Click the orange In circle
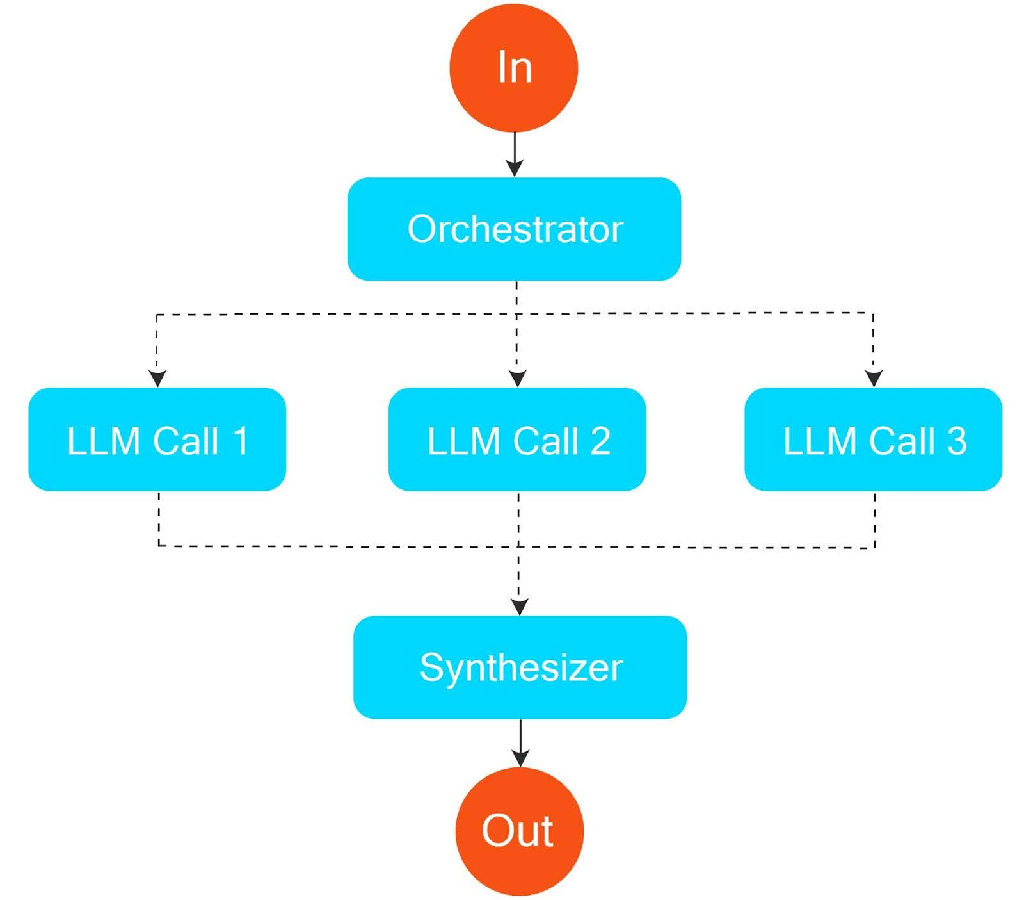(514, 67)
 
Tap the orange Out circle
(519, 831)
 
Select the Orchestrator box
(514, 229)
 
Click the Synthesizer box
(520, 667)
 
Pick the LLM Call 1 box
(157, 439)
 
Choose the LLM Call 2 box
(517, 439)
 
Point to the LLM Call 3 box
(873, 439)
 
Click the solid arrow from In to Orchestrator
(515, 154)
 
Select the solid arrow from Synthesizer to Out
(520, 743)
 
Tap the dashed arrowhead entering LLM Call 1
(157, 379)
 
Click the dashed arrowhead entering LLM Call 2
(517, 379)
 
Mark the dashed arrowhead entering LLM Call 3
(874, 379)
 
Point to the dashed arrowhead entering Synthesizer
(519, 606)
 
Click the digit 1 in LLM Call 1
(240, 441)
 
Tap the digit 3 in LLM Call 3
(956, 441)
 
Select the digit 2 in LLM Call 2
(600, 441)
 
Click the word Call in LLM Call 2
(545, 441)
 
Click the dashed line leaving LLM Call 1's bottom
(159, 519)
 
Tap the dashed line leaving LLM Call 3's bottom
(875, 519)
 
